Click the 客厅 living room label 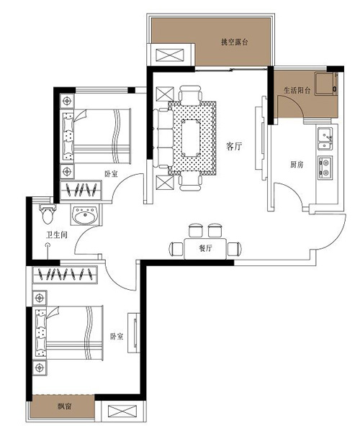(x=234, y=146)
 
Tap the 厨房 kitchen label (x=297, y=165)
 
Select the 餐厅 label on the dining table (x=205, y=248)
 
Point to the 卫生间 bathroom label (x=57, y=235)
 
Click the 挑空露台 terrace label (x=235, y=42)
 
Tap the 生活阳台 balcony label (x=297, y=91)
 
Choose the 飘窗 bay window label (x=65, y=406)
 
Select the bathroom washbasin (x=85, y=215)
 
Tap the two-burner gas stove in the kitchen (x=325, y=168)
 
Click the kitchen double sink (x=325, y=139)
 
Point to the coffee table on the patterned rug (x=192, y=138)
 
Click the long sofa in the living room (x=163, y=138)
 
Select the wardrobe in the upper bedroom (x=81, y=190)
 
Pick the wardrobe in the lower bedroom (x=65, y=275)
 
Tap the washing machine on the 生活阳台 (x=326, y=83)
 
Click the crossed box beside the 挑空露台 (x=170, y=55)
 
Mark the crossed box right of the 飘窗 (x=122, y=411)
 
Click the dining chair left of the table (x=176, y=249)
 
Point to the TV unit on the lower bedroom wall (x=134, y=333)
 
